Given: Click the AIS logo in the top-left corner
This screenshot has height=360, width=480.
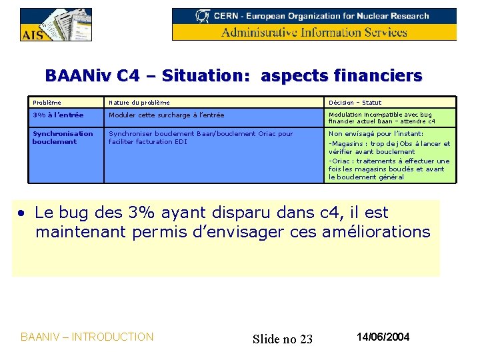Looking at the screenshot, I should (x=55, y=25).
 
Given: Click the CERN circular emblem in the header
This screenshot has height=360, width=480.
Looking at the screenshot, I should (x=202, y=15).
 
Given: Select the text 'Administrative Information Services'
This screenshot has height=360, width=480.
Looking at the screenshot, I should (x=314, y=32).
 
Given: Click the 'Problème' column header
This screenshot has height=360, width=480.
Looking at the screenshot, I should (x=47, y=103).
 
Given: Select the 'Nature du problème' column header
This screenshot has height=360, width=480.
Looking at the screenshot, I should (x=139, y=103).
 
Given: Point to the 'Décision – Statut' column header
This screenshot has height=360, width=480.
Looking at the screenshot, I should (x=355, y=103).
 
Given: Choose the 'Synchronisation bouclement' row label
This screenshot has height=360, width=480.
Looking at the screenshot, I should (x=62, y=137).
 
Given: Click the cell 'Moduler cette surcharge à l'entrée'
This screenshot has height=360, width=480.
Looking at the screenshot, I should (x=166, y=115).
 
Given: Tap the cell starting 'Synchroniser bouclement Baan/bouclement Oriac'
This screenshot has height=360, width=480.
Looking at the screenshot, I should (x=200, y=137).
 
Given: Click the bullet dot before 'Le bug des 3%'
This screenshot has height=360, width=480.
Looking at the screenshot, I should (x=22, y=213).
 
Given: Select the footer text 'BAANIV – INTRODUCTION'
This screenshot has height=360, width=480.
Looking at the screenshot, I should (x=87, y=337).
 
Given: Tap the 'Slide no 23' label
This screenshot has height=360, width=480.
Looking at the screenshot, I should (x=283, y=339).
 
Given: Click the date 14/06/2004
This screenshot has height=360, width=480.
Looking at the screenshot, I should (x=383, y=337).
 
